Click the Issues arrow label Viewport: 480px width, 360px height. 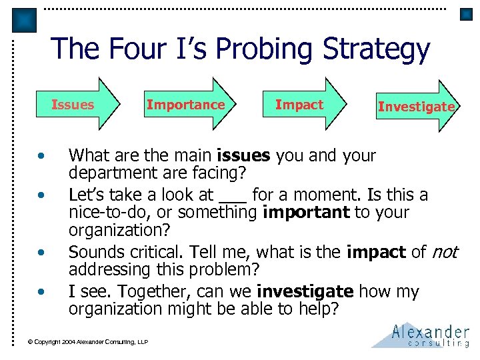click(73, 105)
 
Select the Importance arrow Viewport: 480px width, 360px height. click(186, 105)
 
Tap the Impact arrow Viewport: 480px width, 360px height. click(299, 105)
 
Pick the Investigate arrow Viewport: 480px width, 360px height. click(416, 107)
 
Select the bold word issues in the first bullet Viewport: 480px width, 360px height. click(243, 156)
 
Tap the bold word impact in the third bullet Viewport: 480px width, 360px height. click(376, 253)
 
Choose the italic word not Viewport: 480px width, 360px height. click(444, 253)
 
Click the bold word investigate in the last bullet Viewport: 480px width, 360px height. click(305, 292)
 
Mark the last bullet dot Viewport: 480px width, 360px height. click(41, 292)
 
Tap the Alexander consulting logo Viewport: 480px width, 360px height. click(423, 335)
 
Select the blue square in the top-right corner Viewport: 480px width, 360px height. click(467, 13)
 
